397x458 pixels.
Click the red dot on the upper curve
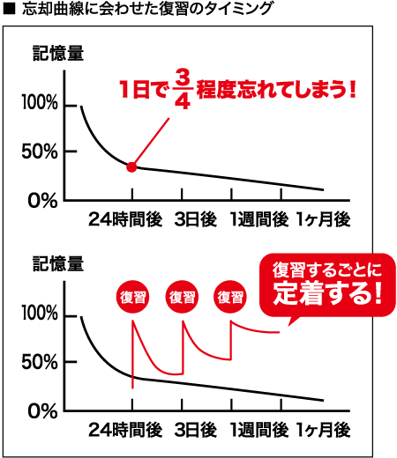pyautogui.click(x=131, y=167)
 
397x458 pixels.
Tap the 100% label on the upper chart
pyautogui.click(x=40, y=103)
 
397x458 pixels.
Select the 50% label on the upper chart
pyautogui.click(x=40, y=151)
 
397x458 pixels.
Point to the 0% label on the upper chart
pyautogui.click(x=42, y=201)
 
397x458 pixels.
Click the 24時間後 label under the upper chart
pyautogui.click(x=125, y=219)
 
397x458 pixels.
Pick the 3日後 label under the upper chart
pyautogui.click(x=196, y=219)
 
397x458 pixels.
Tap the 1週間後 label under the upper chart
pyautogui.click(x=259, y=219)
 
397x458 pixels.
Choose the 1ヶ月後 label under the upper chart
pyautogui.click(x=323, y=219)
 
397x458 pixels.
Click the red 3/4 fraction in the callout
pyautogui.click(x=183, y=89)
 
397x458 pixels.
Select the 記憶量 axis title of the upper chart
pyautogui.click(x=58, y=54)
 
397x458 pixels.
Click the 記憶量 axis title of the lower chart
pyautogui.click(x=58, y=263)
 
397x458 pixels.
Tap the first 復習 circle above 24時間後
pyautogui.click(x=132, y=297)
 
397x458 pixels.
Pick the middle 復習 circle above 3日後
pyautogui.click(x=182, y=297)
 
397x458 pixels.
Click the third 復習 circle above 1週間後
pyautogui.click(x=230, y=297)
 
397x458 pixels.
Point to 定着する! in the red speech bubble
pyautogui.click(x=327, y=293)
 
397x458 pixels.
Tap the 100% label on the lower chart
pyautogui.click(x=40, y=313)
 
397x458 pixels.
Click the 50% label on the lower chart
pyautogui.click(x=40, y=362)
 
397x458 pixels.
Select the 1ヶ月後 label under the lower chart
pyautogui.click(x=323, y=430)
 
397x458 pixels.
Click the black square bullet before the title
pyautogui.click(x=9, y=10)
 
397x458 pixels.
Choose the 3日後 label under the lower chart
pyautogui.click(x=196, y=430)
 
